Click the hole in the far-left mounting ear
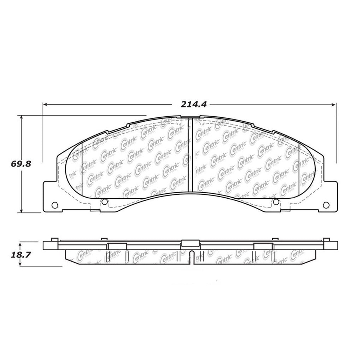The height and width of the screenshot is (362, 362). click(x=54, y=205)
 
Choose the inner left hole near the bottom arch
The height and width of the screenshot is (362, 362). click(x=104, y=202)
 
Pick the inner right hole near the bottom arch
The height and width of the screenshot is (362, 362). click(x=276, y=202)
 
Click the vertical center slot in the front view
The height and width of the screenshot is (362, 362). click(x=190, y=156)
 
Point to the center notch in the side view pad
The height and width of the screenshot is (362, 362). click(x=190, y=257)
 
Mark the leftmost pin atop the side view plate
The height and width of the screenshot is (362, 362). click(x=54, y=239)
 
